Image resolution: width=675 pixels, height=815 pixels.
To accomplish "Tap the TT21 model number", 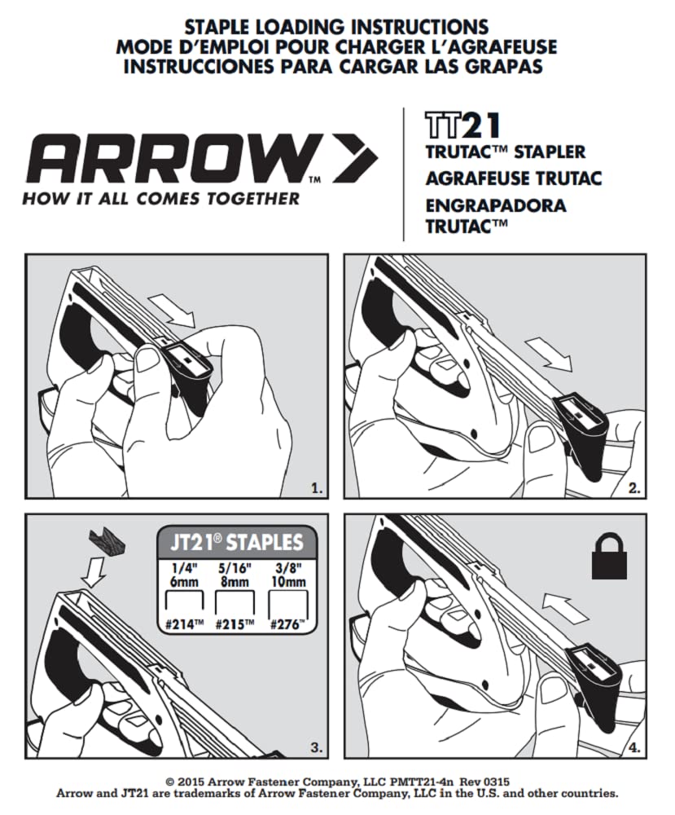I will click(x=462, y=126).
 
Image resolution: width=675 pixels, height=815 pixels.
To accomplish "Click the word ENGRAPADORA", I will click(x=495, y=205).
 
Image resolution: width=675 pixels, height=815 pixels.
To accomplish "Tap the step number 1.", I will click(x=317, y=489).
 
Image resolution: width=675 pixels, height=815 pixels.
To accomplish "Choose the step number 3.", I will click(x=317, y=746).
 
